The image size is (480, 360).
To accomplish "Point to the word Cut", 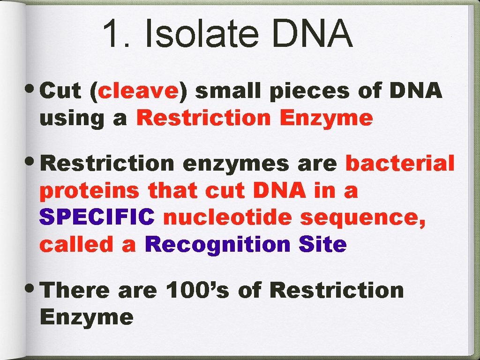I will pos(61,91).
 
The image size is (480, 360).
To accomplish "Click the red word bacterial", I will pos(400,164).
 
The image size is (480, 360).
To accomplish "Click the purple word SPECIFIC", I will pos(97,217).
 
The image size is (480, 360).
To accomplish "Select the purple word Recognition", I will pos(217,245).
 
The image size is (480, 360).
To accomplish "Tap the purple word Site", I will pos(322,245).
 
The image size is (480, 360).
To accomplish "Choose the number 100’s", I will pos(197,290).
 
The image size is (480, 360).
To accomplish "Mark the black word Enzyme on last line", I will pos(87,318).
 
